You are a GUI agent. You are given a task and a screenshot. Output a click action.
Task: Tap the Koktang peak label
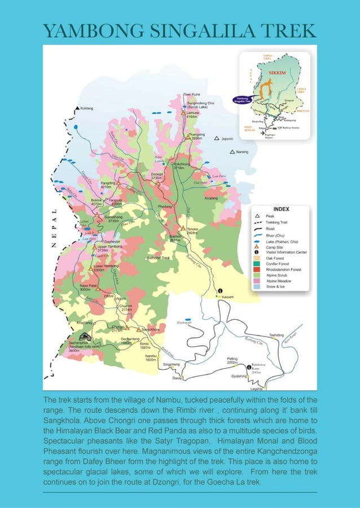[87, 108]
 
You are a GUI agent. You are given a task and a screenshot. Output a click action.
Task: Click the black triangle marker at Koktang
[77, 108]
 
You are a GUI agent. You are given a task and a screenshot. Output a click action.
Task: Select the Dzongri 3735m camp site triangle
[164, 182]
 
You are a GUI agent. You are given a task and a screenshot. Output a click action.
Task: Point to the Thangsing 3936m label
[196, 136]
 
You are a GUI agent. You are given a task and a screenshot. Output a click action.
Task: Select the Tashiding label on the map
[276, 335]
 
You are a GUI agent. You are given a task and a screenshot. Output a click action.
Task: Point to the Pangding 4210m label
[109, 184]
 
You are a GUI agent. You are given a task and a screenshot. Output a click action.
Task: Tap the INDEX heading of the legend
[280, 209]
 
